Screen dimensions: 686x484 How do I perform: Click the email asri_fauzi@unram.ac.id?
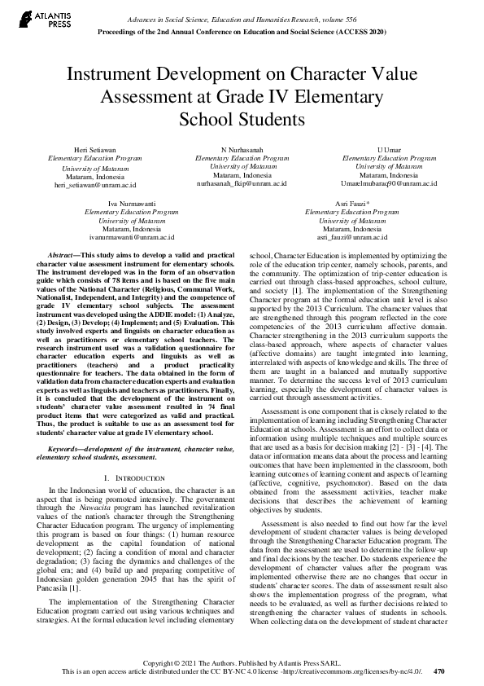351,237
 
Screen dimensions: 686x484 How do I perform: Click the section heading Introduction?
137,453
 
